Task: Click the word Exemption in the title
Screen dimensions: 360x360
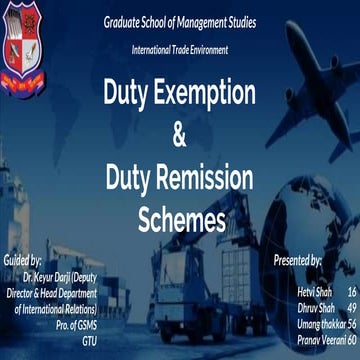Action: [x=214, y=95]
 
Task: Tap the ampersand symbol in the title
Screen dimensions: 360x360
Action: [x=180, y=133]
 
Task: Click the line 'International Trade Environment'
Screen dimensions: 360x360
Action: [x=180, y=49]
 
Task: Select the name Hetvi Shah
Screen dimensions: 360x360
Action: [x=316, y=291]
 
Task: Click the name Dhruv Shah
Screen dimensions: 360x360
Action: [x=316, y=307]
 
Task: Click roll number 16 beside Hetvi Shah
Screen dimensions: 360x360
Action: [x=351, y=291]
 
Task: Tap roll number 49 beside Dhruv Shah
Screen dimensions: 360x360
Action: [x=351, y=307]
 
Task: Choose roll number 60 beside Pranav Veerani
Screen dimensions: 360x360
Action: [x=351, y=339]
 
